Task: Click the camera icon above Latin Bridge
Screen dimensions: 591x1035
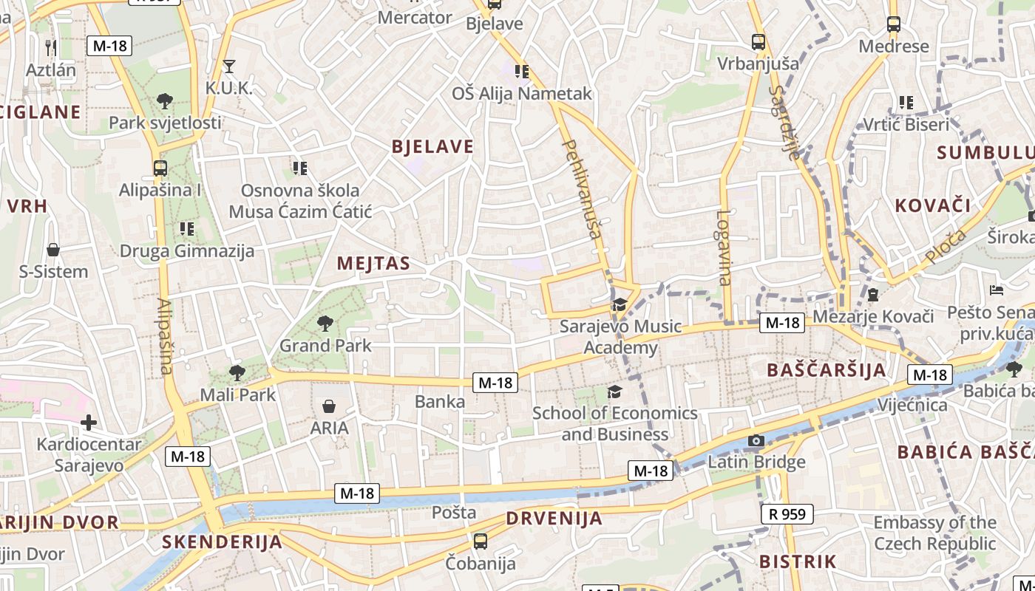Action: [x=756, y=441]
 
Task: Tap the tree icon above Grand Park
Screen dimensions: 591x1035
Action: [x=324, y=323]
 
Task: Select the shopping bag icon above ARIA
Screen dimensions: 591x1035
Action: [x=329, y=406]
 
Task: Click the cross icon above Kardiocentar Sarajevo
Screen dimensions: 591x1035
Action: [x=89, y=423]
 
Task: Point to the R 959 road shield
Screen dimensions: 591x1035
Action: [x=787, y=513]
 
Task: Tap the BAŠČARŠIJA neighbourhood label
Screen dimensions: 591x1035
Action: [x=826, y=370]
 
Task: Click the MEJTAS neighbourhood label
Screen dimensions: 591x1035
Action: [x=373, y=263]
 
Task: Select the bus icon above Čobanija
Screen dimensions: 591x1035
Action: [x=481, y=542]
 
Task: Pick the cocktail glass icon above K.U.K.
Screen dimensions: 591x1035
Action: [x=229, y=66]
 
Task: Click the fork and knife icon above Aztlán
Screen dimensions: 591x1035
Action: [x=51, y=47]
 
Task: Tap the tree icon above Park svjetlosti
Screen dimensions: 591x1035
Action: [x=165, y=100]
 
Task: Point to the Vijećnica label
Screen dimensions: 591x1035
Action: [x=912, y=405]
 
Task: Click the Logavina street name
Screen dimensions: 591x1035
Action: [x=724, y=247]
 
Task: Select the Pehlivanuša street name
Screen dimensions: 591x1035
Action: [x=582, y=188]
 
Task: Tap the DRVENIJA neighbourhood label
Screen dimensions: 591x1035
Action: [x=554, y=518]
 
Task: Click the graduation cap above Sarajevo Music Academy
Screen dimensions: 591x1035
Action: [x=619, y=304]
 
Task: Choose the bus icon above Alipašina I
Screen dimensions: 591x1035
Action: [x=160, y=168]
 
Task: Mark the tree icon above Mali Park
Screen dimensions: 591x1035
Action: [x=237, y=372]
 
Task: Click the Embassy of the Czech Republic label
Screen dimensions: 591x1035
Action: [x=934, y=533]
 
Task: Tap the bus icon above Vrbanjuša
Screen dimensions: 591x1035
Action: [x=759, y=42]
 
